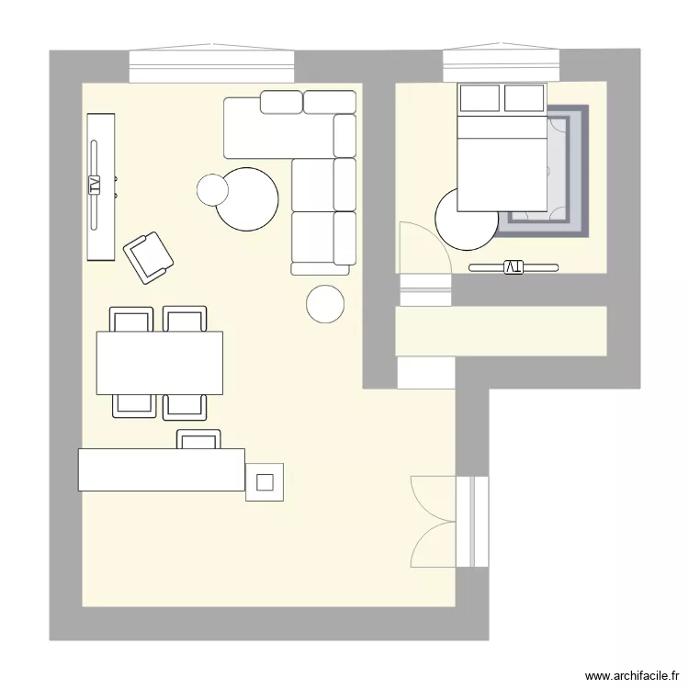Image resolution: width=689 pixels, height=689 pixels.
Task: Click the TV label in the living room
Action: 93,185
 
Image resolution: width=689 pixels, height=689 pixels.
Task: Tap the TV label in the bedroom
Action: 513,266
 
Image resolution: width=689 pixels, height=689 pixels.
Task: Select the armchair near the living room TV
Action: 149,256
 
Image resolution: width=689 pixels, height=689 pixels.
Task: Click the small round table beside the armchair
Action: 213,189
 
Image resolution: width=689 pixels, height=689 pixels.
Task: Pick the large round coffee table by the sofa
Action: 248,199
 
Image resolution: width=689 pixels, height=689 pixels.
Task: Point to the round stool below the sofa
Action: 325,304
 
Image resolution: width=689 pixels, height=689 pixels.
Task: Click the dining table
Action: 160,362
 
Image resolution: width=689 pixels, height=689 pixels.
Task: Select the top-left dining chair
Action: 131,319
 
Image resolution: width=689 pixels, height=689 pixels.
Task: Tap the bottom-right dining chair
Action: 185,405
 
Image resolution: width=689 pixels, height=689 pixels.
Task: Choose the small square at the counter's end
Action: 265,481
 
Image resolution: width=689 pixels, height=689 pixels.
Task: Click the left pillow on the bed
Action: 480,97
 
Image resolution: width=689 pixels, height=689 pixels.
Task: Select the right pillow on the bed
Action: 524,97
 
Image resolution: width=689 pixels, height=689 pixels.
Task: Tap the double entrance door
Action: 434,522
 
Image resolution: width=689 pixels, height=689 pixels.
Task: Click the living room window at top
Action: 211,66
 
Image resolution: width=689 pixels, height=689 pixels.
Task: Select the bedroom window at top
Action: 501,65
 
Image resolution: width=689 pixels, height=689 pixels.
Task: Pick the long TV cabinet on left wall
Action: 100,186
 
